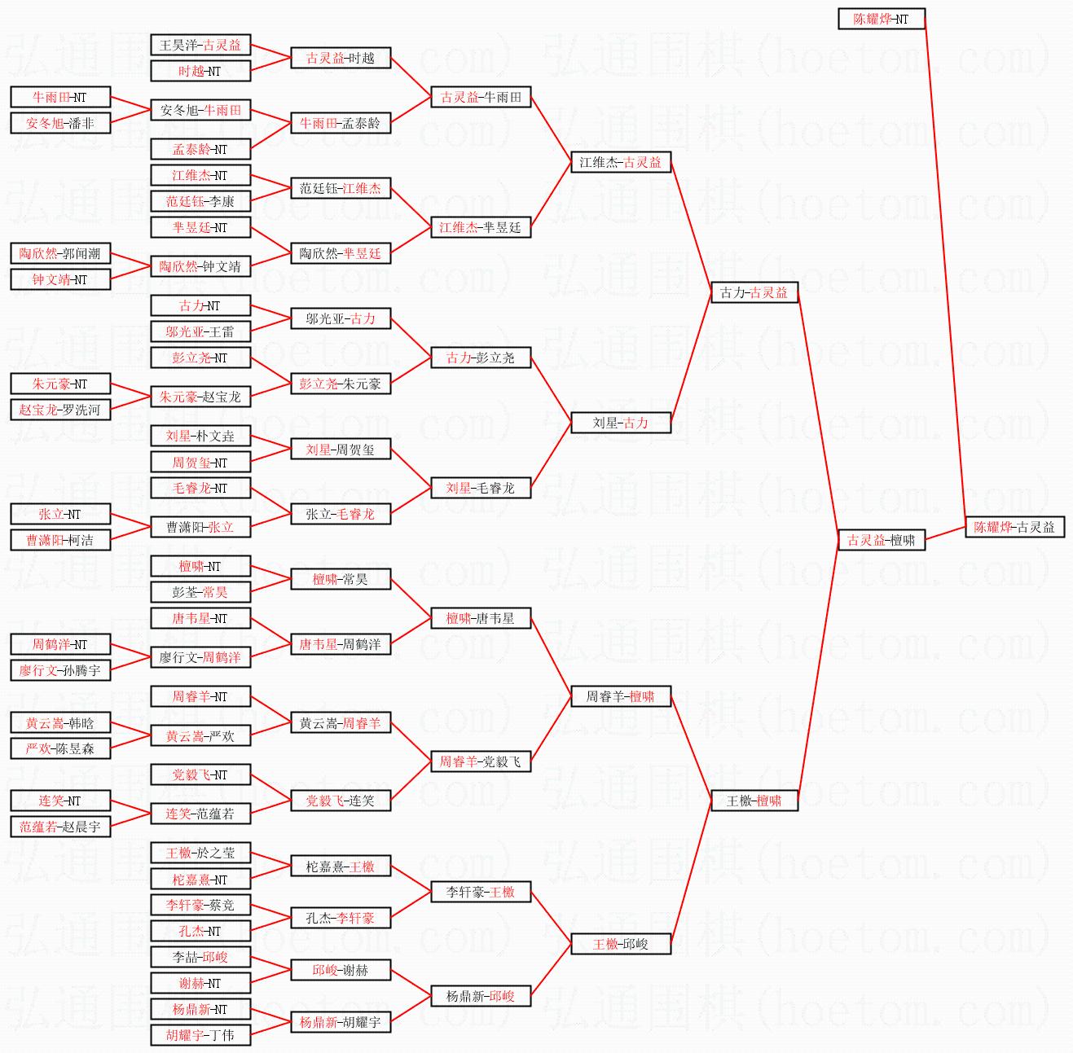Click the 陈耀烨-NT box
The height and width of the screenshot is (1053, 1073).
882,19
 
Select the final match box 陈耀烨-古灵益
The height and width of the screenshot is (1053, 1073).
1014,527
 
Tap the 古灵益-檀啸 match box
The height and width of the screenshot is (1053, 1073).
882,540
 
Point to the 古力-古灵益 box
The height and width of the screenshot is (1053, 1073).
754,292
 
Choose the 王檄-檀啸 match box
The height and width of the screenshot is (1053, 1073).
754,801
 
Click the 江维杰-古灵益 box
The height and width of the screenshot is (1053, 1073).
621,162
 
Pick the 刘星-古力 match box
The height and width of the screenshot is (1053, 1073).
621,423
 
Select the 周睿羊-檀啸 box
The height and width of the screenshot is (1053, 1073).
621,696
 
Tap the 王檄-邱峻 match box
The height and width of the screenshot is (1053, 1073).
621,944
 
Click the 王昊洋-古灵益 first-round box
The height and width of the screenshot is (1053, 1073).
200,45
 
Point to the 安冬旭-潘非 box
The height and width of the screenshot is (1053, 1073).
60,123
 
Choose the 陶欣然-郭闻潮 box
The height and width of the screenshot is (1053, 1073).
60,253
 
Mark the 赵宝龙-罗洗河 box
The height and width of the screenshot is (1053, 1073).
60,410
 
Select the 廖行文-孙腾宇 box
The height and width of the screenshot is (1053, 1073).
60,670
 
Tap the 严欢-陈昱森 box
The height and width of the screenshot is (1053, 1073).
60,748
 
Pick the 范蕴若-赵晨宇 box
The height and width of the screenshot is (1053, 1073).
60,827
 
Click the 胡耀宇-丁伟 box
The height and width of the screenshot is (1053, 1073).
200,1035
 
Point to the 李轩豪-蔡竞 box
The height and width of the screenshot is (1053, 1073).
200,905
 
